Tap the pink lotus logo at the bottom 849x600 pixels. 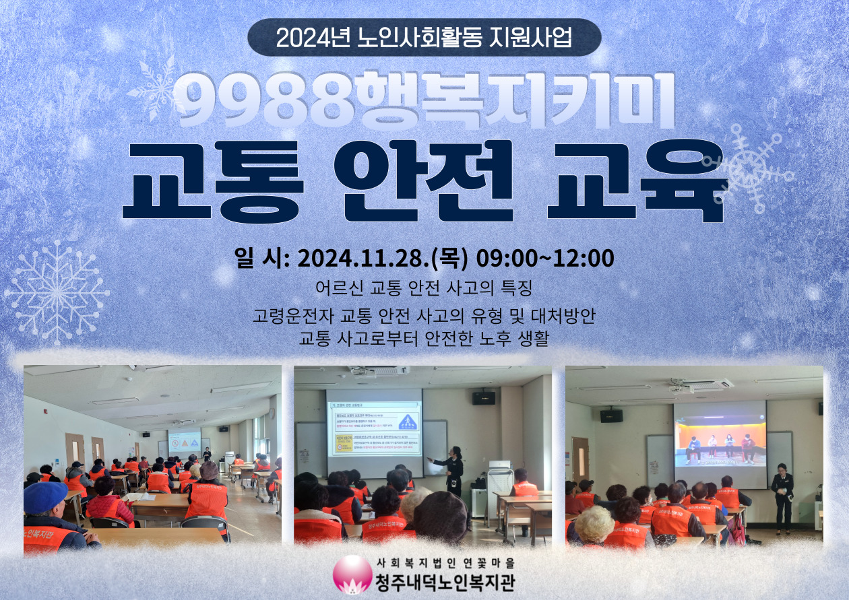click(x=352, y=574)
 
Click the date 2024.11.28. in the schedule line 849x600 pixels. click(x=363, y=258)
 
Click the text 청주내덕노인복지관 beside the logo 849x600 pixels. click(x=444, y=581)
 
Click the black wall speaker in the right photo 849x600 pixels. click(x=611, y=415)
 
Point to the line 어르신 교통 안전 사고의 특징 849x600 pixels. click(x=424, y=288)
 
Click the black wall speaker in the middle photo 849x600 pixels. click(x=483, y=398)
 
